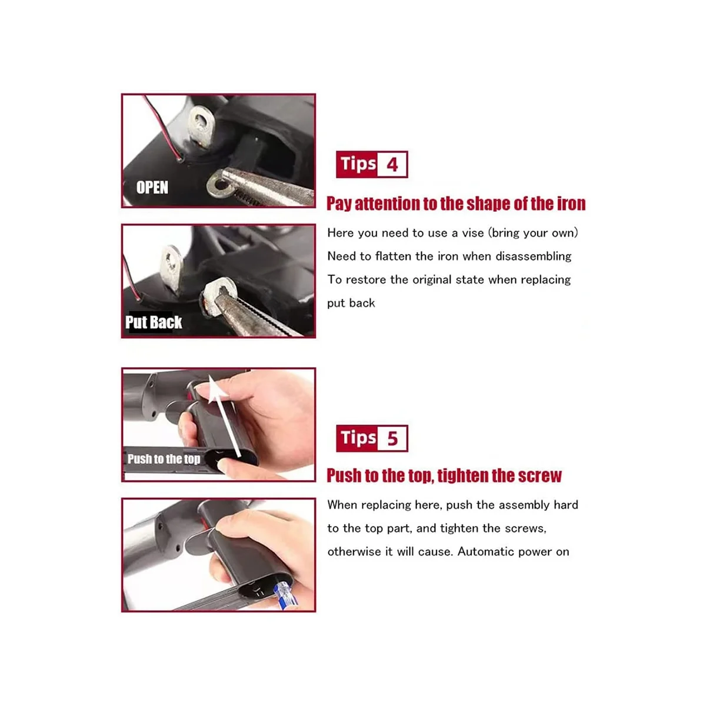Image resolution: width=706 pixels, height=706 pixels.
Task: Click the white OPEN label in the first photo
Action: pos(152,187)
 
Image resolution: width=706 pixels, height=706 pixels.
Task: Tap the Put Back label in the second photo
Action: pos(154,322)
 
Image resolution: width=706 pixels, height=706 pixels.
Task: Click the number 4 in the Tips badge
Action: pos(392,165)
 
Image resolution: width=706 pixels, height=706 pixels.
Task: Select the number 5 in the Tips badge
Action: pos(392,438)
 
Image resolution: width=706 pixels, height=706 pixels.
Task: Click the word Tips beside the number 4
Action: pos(358,164)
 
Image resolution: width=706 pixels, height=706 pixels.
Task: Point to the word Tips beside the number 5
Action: pos(358,438)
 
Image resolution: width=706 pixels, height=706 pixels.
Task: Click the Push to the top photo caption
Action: pos(164,459)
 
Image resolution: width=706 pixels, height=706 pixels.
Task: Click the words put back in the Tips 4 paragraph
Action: pos(351,304)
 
